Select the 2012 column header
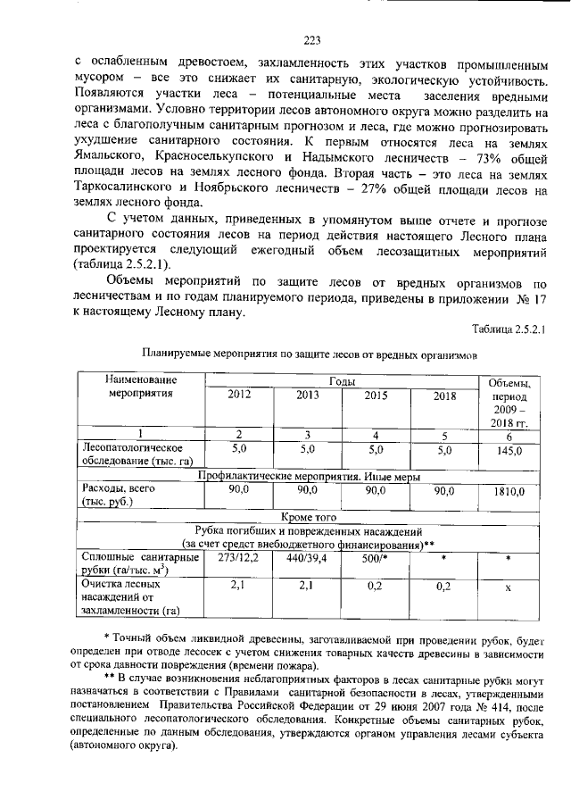pos(239,395)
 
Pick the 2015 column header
pos(377,395)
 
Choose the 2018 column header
pos(444,396)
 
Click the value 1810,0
pos(509,491)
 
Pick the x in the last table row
pos(508,588)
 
